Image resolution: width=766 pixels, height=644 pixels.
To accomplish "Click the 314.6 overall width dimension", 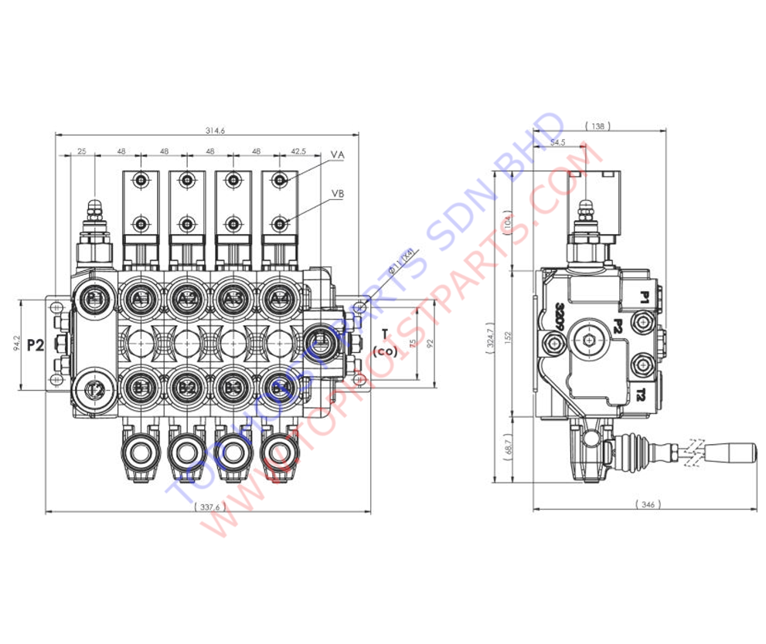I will (216, 130).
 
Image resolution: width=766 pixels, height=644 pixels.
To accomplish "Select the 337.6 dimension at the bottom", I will (209, 507).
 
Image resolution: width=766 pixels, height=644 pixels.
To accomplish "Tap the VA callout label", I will (338, 155).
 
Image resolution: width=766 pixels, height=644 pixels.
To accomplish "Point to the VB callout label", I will (338, 193).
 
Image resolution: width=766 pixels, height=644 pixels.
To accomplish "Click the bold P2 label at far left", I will (36, 345).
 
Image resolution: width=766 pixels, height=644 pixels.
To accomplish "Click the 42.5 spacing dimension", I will (299, 151).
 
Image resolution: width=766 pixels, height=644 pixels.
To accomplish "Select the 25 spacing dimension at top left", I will (82, 151).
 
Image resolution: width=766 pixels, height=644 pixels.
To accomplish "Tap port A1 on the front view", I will (140, 298).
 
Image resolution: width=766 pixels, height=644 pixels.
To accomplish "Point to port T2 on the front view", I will (94, 388).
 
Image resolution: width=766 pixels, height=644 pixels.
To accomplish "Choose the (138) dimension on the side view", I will (601, 126).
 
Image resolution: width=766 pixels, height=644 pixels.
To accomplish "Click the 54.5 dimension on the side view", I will (557, 143).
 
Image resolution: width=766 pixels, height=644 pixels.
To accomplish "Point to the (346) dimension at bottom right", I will (647, 504).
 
